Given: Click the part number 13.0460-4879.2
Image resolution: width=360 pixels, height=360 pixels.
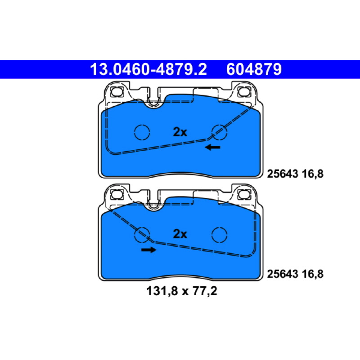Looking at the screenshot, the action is pyautogui.click(x=148, y=69).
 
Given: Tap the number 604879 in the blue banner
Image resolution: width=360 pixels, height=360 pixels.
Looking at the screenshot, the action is pyautogui.click(x=254, y=69).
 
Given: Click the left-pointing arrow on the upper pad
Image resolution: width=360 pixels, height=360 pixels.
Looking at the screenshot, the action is pyautogui.click(x=212, y=147).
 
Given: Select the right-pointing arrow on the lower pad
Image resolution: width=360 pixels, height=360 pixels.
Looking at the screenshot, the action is pyautogui.click(x=149, y=250).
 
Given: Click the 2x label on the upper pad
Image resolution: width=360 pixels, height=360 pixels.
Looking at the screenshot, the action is pyautogui.click(x=180, y=132).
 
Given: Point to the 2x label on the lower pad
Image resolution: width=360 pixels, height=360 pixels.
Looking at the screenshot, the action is pyautogui.click(x=180, y=234).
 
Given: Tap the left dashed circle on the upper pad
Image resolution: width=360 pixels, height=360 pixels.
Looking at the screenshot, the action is pyautogui.click(x=142, y=132).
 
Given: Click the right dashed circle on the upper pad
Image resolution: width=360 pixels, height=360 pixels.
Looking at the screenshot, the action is pyautogui.click(x=219, y=132).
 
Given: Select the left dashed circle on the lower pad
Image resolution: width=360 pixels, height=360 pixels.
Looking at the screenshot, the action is pyautogui.click(x=142, y=234).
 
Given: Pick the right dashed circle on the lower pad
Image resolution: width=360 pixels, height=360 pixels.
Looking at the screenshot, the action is pyautogui.click(x=220, y=234).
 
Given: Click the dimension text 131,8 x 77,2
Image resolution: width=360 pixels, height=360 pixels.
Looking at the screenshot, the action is pyautogui.click(x=182, y=291).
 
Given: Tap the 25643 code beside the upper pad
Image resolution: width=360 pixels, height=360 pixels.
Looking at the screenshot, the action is pyautogui.click(x=283, y=174).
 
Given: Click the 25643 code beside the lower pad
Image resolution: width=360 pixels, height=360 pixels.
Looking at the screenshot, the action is pyautogui.click(x=283, y=274).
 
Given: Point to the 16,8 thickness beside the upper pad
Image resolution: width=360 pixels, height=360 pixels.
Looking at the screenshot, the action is pyautogui.click(x=312, y=174).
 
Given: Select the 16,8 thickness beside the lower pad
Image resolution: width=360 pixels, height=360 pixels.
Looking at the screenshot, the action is pyautogui.click(x=312, y=274).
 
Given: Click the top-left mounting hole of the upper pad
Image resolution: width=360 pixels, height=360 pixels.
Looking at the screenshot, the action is pyautogui.click(x=117, y=92).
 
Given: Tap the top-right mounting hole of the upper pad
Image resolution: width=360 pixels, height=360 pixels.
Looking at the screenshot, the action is pyautogui.click(x=244, y=92).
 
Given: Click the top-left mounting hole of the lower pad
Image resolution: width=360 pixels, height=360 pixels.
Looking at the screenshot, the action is pyautogui.click(x=117, y=194).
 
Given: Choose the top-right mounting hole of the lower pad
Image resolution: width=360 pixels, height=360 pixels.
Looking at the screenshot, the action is pyautogui.click(x=244, y=194).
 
